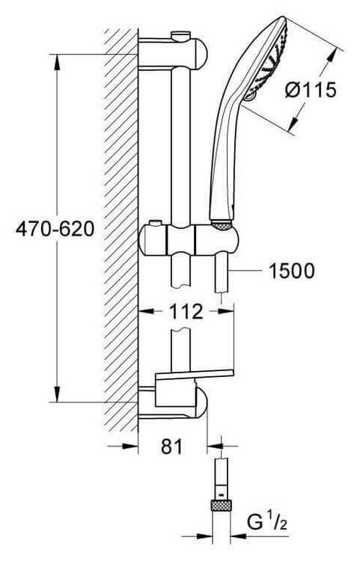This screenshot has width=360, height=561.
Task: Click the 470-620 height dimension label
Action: click(55, 229)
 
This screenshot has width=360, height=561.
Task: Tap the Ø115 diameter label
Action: click(311, 90)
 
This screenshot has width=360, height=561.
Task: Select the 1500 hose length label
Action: click(292, 271)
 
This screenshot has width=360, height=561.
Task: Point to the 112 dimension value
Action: click(186, 312)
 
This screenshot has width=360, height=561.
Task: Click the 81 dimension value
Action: click(172, 447)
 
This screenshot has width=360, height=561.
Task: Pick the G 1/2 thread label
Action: click(267, 522)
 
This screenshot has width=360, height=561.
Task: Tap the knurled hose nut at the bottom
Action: click(221, 506)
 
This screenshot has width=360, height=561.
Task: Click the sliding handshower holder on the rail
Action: click(188, 240)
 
